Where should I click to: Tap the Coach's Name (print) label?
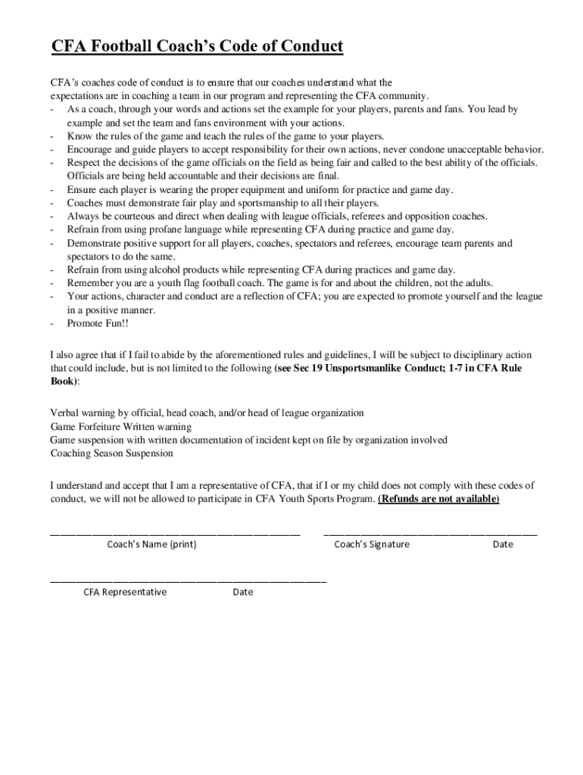pyautogui.click(x=151, y=544)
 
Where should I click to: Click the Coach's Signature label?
pyautogui.click(x=372, y=544)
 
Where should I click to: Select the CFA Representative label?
pyautogui.click(x=125, y=592)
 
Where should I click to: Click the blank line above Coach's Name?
pyautogui.click(x=175, y=534)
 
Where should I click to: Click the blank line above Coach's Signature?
pyautogui.click(x=430, y=534)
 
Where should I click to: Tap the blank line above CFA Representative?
pyautogui.click(x=188, y=581)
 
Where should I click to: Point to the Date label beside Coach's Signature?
pyautogui.click(x=503, y=544)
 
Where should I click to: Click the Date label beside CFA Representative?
pyautogui.click(x=243, y=592)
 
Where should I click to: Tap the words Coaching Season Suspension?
pyautogui.click(x=111, y=453)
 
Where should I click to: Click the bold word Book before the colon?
pyautogui.click(x=63, y=381)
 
